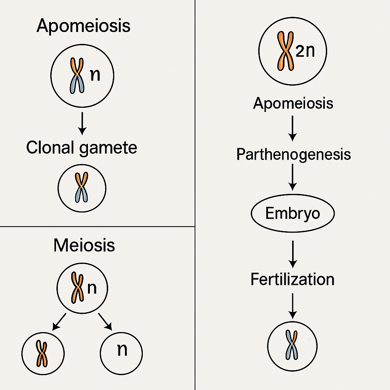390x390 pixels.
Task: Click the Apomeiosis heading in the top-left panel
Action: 83,26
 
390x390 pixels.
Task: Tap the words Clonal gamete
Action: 82,148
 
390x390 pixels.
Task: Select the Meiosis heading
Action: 84,245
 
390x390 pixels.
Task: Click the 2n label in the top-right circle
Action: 305,51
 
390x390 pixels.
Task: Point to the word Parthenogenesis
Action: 293,155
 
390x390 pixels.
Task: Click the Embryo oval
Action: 292,214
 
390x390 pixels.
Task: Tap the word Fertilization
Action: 292,280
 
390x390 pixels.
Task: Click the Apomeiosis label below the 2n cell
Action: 293,103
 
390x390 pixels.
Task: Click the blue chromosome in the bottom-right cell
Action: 292,345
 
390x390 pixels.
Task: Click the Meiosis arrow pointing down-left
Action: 59,321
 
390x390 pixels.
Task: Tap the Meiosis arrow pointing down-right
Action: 105,321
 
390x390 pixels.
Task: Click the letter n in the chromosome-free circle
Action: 121,350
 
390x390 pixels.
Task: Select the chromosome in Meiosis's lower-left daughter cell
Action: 42,353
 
